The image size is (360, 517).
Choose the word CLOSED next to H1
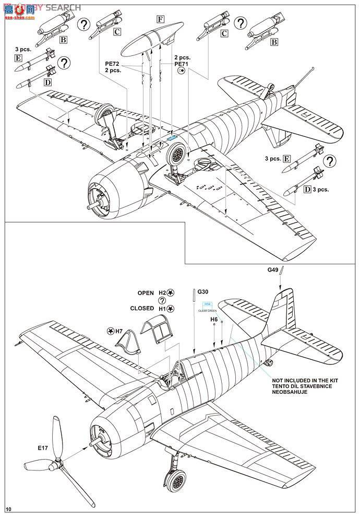pyautogui.click(x=142, y=309)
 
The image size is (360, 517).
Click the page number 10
pyautogui.click(x=8, y=509)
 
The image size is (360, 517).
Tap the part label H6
pyautogui.click(x=214, y=319)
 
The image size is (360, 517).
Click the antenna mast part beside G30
pyautogui.click(x=194, y=301)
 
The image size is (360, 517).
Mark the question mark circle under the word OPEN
pyautogui.click(x=162, y=301)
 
